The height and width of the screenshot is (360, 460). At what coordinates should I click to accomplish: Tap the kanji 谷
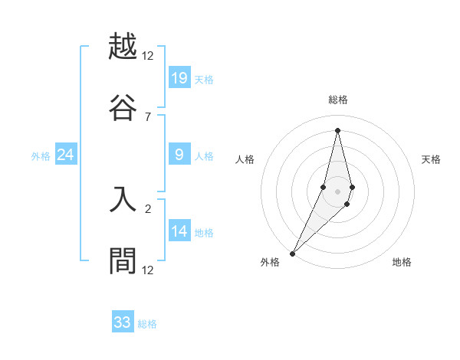123,107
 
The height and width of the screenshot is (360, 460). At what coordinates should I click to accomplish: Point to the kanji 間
123,261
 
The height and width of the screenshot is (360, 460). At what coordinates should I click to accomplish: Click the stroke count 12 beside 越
148,56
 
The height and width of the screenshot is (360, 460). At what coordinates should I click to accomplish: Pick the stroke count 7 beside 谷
148,116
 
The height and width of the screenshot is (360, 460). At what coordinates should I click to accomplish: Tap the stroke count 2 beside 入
148,208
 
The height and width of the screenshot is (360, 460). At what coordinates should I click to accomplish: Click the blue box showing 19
179,77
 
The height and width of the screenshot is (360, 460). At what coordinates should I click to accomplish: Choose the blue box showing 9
179,155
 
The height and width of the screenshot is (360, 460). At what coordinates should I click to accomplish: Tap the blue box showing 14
179,231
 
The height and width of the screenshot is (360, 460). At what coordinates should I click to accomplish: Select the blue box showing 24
66,155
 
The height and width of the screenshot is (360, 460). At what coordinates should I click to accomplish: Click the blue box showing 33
123,322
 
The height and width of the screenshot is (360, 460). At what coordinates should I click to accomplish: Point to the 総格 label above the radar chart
338,100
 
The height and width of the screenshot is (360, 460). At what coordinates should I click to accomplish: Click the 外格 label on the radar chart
270,263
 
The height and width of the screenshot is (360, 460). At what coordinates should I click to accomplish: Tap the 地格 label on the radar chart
402,263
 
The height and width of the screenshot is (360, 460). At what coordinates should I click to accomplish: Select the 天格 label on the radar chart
431,159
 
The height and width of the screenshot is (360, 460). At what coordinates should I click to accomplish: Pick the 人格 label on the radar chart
245,159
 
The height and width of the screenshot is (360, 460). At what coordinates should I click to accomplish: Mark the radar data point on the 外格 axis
293,252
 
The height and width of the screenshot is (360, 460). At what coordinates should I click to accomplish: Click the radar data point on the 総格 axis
338,129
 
